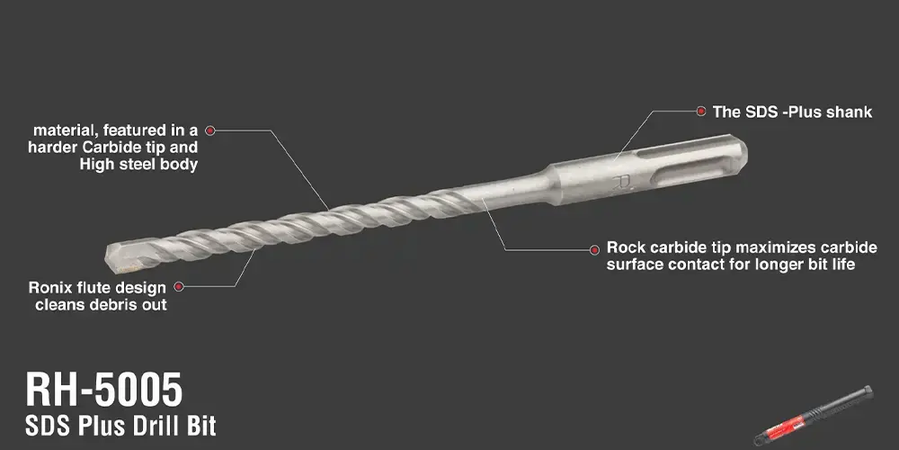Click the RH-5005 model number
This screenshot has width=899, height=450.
(x=103, y=390)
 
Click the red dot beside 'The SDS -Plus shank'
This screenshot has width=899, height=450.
(x=700, y=112)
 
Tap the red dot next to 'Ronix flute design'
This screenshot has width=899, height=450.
(x=179, y=286)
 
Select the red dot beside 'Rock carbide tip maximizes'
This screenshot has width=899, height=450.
(x=594, y=249)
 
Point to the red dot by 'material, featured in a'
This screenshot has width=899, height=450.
(x=209, y=130)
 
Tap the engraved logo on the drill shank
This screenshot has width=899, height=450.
(x=621, y=184)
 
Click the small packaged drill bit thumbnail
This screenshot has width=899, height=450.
(x=813, y=415)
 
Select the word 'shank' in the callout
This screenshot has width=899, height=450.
(x=850, y=112)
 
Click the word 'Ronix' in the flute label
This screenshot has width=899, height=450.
(x=49, y=287)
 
